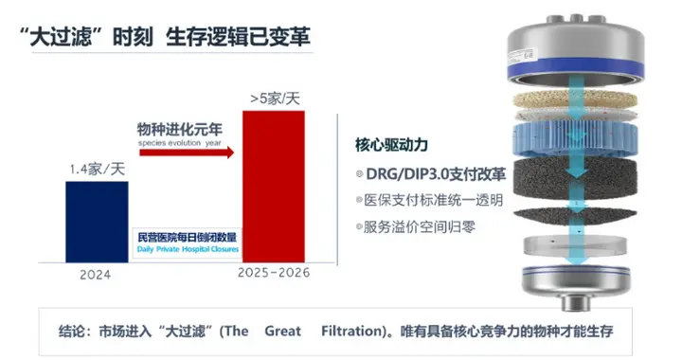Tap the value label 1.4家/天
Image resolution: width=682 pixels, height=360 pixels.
(97, 169)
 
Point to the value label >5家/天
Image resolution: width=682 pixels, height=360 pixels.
(274, 98)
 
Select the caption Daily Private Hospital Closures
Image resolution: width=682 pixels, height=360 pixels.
(186, 248)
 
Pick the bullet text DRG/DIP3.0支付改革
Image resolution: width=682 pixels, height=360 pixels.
(435, 177)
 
